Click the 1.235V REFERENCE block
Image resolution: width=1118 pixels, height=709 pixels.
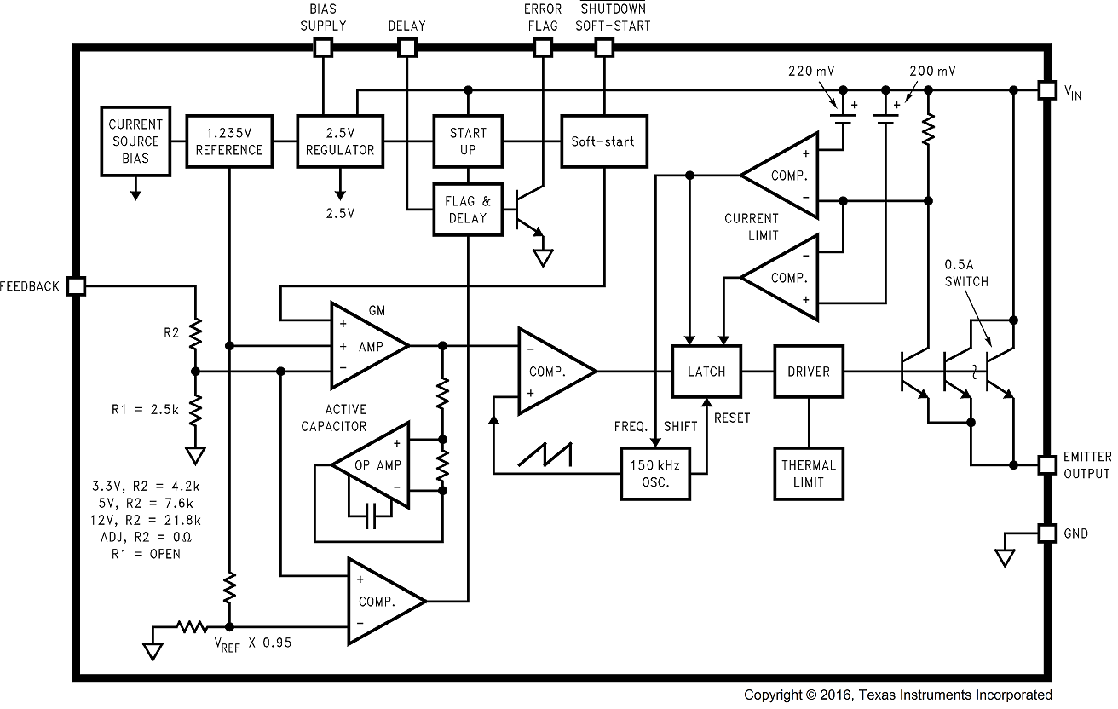click(229, 141)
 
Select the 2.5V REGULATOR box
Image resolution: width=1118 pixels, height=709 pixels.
click(339, 141)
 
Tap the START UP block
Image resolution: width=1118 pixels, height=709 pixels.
click(468, 141)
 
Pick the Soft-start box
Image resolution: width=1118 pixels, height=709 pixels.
click(602, 141)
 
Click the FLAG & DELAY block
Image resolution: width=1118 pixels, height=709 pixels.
click(467, 210)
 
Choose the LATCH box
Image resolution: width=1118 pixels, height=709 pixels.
click(706, 372)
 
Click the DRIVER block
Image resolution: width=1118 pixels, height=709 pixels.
click(808, 372)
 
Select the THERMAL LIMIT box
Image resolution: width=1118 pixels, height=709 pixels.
click(808, 474)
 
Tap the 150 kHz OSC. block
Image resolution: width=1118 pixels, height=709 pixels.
click(655, 474)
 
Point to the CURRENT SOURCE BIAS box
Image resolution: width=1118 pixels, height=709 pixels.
click(135, 141)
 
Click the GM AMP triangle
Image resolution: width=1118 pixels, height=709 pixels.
click(366, 345)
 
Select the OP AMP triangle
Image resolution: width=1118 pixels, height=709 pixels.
click(366, 465)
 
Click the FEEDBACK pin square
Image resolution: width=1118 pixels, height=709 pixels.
click(76, 286)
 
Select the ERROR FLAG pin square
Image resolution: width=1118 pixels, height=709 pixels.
click(542, 48)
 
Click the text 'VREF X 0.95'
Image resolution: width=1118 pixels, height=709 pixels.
click(252, 643)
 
